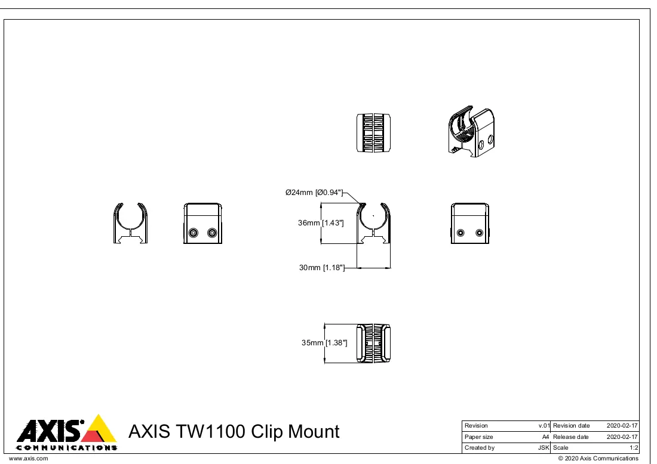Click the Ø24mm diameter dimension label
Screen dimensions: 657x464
(314, 193)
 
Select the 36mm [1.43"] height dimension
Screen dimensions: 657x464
(321, 223)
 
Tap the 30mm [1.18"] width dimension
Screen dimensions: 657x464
(322, 268)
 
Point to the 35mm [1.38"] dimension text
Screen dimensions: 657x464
(324, 343)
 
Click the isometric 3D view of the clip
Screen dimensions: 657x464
(471, 132)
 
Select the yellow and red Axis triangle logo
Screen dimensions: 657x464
(99, 429)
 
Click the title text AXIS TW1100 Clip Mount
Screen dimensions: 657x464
(234, 431)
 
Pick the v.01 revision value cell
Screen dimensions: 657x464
(544, 425)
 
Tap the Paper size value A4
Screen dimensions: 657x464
(545, 437)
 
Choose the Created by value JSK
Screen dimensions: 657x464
(544, 448)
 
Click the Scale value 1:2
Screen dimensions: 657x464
(634, 448)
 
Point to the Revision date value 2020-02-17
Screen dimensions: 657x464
(622, 425)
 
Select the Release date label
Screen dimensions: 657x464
(570, 437)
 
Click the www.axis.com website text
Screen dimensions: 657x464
(29, 459)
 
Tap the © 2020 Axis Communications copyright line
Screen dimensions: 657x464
(598, 459)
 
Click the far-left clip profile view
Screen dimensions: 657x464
(130, 224)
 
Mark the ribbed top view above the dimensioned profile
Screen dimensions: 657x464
(373, 132)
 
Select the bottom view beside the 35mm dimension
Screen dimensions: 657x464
(373, 343)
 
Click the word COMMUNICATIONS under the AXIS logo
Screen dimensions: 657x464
(67, 448)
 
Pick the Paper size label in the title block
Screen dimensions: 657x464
(478, 437)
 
